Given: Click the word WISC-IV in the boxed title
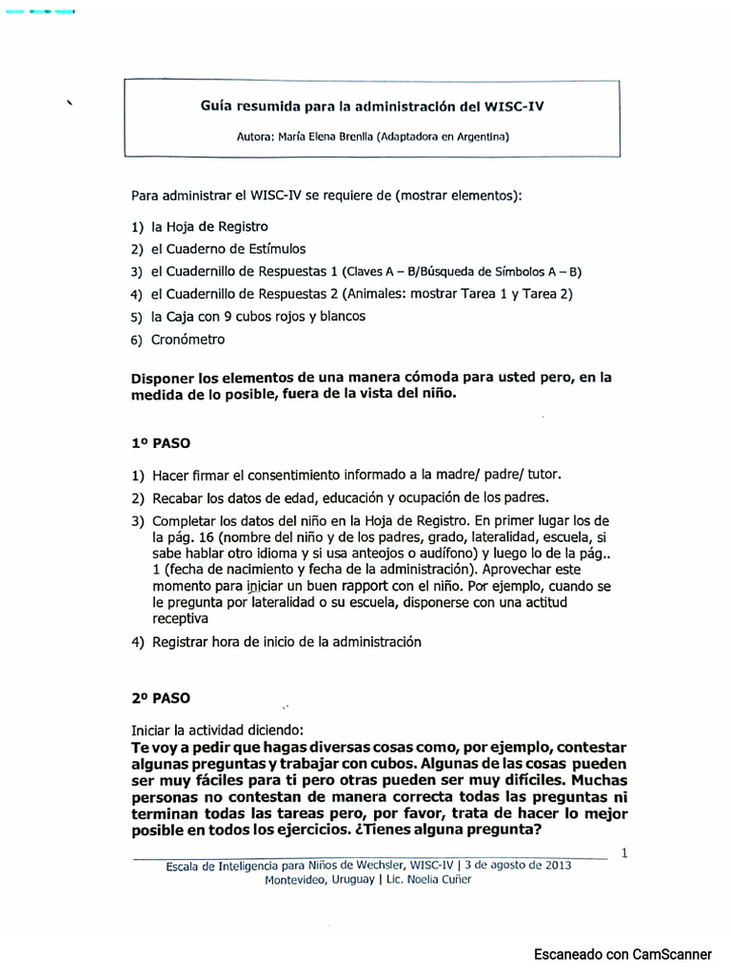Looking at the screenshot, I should pyautogui.click(x=515, y=107).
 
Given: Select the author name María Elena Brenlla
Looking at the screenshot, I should pyautogui.click(x=326, y=136).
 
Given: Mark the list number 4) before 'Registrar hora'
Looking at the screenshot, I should pyautogui.click(x=138, y=642).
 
